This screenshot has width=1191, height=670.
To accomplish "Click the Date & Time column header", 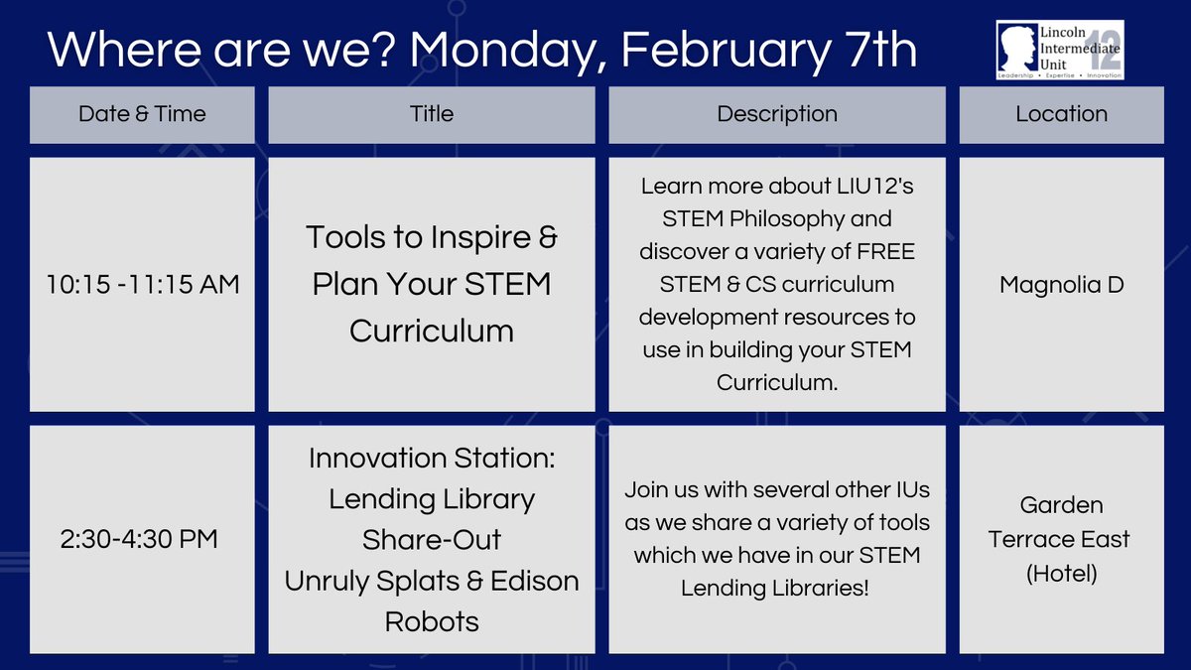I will (142, 114).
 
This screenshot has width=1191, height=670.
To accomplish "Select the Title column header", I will (432, 114).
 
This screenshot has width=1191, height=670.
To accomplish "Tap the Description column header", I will (776, 114).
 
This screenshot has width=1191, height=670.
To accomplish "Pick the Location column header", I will (1061, 114).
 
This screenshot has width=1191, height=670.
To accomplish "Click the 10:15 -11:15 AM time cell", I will (142, 285).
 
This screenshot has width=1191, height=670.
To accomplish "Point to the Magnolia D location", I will (1061, 285).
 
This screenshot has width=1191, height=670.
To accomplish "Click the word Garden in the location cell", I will (1061, 505).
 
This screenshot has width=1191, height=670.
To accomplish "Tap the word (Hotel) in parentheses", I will (1061, 574).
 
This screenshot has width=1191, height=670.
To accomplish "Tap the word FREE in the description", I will (880, 252).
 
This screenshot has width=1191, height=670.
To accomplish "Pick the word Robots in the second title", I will (432, 622).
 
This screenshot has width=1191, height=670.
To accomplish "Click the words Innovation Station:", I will (432, 459).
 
